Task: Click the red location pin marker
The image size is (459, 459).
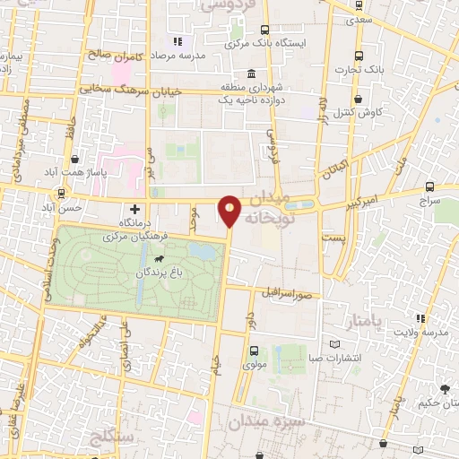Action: point(230,211)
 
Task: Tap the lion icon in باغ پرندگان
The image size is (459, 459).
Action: point(159,258)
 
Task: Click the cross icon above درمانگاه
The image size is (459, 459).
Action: point(134,208)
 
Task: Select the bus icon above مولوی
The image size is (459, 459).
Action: point(254,351)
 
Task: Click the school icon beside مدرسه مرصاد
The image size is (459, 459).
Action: point(178,41)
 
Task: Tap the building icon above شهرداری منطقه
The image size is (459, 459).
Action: point(250,73)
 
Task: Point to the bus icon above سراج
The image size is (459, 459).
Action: point(429,187)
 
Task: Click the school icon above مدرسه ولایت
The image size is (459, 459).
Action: point(420,319)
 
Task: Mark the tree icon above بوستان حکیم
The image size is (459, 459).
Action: point(444,388)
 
